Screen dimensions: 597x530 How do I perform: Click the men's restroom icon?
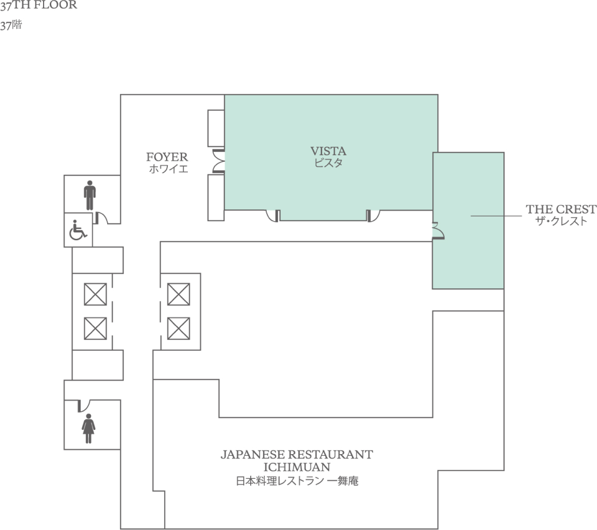pyautogui.click(x=90, y=195)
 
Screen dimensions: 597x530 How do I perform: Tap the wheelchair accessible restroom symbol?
pyautogui.click(x=78, y=230)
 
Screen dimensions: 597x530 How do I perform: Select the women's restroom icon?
pyautogui.click(x=88, y=428)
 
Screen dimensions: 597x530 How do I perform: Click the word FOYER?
pyautogui.click(x=167, y=156)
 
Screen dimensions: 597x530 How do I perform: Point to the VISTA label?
pyautogui.click(x=328, y=151)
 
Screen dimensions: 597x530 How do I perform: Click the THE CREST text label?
pyautogui.click(x=561, y=209)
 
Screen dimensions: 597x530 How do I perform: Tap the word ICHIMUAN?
pyautogui.click(x=297, y=467)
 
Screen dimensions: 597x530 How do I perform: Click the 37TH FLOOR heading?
pyautogui.click(x=38, y=5)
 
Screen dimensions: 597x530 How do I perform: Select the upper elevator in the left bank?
pyautogui.click(x=95, y=294)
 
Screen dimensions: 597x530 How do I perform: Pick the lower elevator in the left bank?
pyautogui.click(x=95, y=328)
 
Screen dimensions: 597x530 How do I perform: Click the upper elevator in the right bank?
pyautogui.click(x=178, y=294)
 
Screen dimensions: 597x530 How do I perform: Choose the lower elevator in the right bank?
pyautogui.click(x=178, y=328)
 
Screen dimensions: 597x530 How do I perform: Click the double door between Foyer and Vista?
pyautogui.click(x=218, y=161)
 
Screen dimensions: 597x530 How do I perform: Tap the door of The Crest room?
pyautogui.click(x=438, y=231)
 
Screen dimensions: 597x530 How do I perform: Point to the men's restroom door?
pyautogui.click(x=101, y=218)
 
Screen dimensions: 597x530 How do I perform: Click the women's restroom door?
pyautogui.click(x=84, y=406)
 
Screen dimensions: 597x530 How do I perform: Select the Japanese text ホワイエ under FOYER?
pyautogui.click(x=168, y=169)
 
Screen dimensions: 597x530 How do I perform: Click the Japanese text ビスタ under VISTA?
pyautogui.click(x=328, y=163)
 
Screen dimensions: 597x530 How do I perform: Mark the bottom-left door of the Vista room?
pyautogui.click(x=273, y=216)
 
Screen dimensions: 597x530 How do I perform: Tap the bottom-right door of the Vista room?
pyautogui.click(x=373, y=216)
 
